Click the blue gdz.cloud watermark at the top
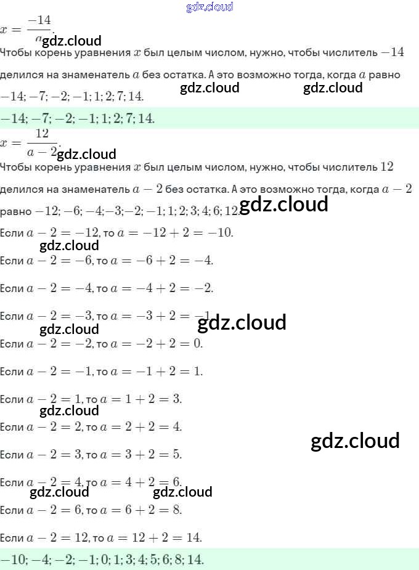pyautogui.click(x=209, y=7)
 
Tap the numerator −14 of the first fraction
pyautogui.click(x=39, y=20)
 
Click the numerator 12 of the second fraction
pyautogui.click(x=42, y=134)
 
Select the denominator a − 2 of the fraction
pyautogui.click(x=42, y=151)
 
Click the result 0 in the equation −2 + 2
pyautogui.click(x=198, y=343)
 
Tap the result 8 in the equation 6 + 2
pyautogui.click(x=178, y=510)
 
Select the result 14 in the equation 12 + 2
pyautogui.click(x=195, y=537)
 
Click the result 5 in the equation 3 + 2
pyautogui.click(x=178, y=454)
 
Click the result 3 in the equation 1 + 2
pyautogui.click(x=178, y=399)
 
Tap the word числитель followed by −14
pyautogui.click(x=350, y=53)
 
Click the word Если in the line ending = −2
pyautogui.click(x=12, y=288)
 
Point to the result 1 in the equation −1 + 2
pyautogui.click(x=198, y=371)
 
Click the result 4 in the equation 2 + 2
pyautogui.click(x=178, y=426)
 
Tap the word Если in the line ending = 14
pyautogui.click(x=12, y=538)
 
